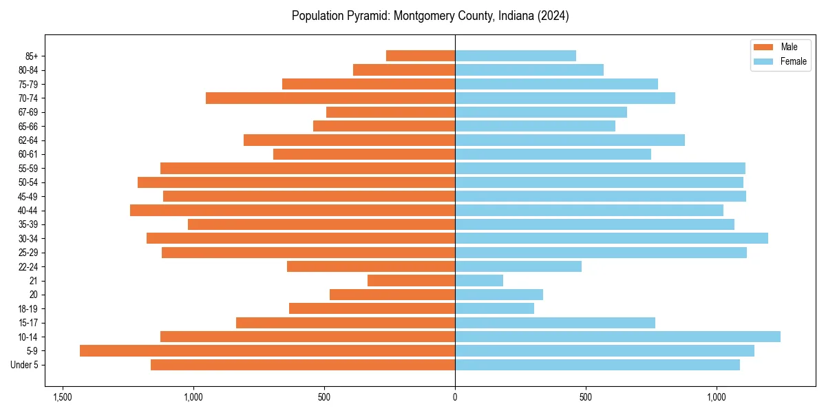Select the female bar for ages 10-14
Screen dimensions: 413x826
click(617, 337)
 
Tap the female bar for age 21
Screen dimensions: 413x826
click(479, 280)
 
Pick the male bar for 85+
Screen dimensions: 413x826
click(421, 56)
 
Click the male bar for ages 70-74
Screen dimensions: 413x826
click(330, 98)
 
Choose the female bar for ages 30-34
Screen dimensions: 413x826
click(611, 238)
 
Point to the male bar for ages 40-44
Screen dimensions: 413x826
click(293, 210)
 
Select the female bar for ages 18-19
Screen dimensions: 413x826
click(494, 308)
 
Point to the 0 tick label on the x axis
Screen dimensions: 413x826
click(455, 397)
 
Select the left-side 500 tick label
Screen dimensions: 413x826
click(324, 397)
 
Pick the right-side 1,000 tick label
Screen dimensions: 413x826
click(717, 397)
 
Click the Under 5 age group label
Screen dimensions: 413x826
click(24, 365)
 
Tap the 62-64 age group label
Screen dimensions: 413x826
click(28, 140)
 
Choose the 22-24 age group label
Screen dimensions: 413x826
click(28, 266)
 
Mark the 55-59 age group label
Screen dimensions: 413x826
click(28, 169)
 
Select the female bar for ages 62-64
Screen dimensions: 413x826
click(570, 140)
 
